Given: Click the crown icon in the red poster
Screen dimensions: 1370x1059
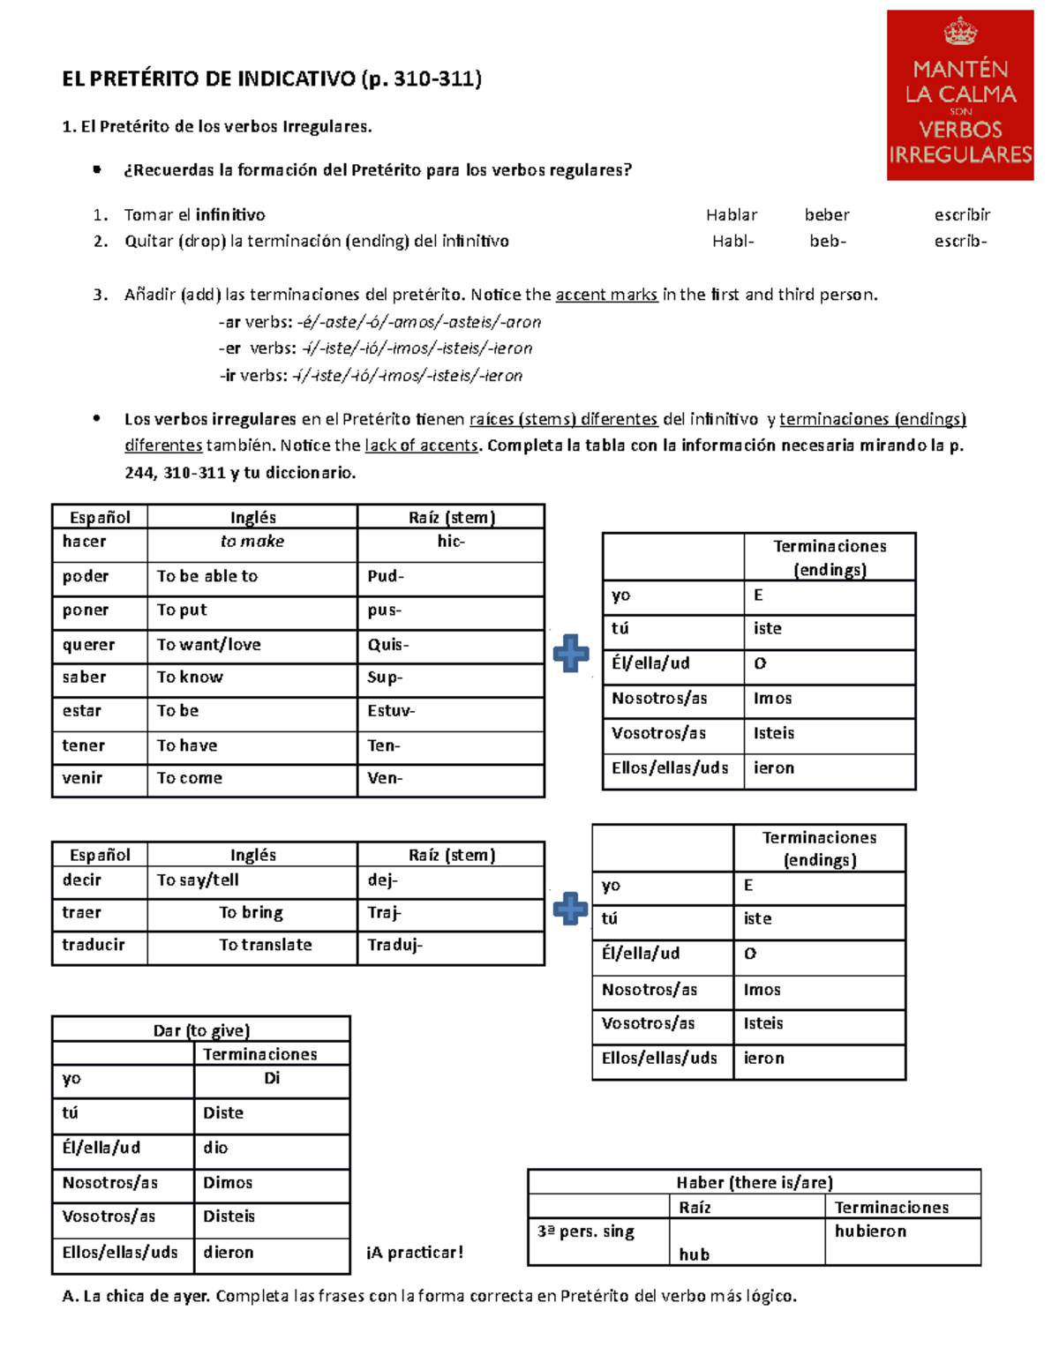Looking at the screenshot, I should (x=960, y=34).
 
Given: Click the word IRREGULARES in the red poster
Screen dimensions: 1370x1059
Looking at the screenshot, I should (x=960, y=155).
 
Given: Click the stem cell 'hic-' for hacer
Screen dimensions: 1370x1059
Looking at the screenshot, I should (x=450, y=542).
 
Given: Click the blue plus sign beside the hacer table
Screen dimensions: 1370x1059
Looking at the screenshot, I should (x=571, y=653).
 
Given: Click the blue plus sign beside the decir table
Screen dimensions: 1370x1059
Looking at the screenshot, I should (x=570, y=909).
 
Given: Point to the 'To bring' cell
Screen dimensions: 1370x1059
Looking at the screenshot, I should (x=252, y=912).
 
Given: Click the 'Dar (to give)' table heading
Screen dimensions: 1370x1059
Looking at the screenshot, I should (x=201, y=1030).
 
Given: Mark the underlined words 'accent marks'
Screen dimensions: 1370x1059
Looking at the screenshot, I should (x=606, y=295).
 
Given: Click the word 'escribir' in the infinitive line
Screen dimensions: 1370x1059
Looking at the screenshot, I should (x=962, y=214).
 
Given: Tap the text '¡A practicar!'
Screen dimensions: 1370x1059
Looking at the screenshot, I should (x=415, y=1253).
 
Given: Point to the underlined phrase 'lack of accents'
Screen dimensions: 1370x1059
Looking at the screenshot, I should (x=421, y=445).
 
